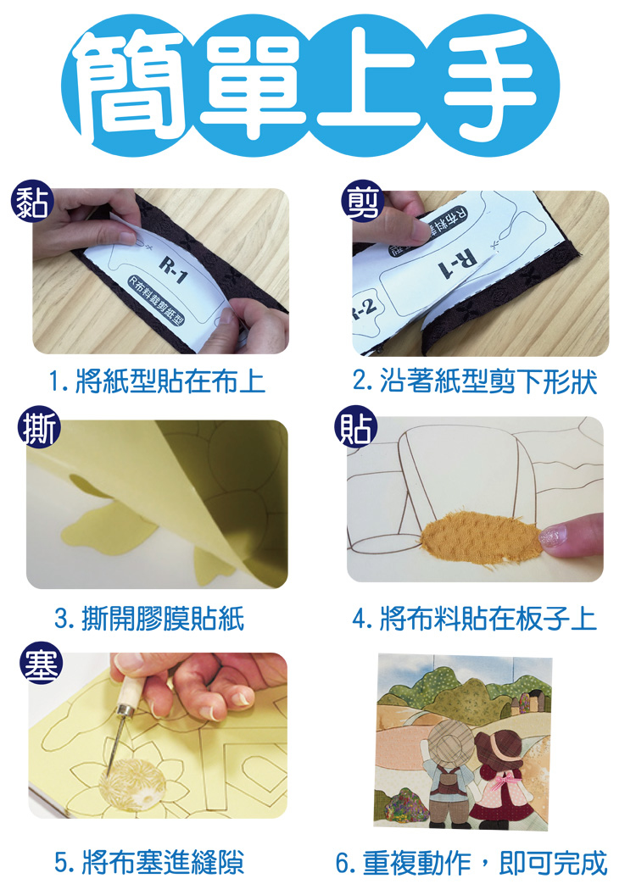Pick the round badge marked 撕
[39, 427]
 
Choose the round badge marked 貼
[354, 427]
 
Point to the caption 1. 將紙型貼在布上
[157, 382]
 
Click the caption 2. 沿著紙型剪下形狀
[475, 381]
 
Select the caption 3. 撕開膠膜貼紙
[149, 619]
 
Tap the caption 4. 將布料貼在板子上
[475, 619]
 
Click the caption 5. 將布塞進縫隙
[149, 862]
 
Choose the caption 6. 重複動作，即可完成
[472, 862]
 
